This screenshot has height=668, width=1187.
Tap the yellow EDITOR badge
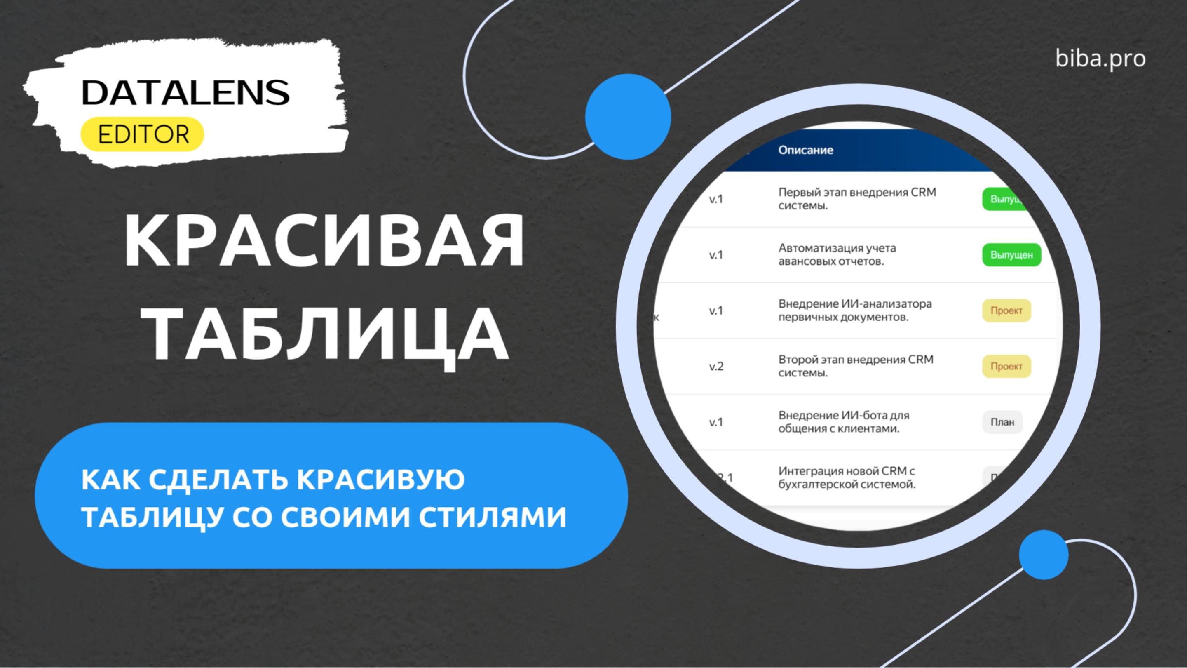pyautogui.click(x=142, y=134)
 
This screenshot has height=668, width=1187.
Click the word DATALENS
pyautogui.click(x=185, y=93)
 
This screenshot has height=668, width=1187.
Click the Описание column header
pyautogui.click(x=805, y=150)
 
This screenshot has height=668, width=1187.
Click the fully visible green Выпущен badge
pyautogui.click(x=1011, y=255)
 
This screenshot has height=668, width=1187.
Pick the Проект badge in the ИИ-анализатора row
pyautogui.click(x=1006, y=311)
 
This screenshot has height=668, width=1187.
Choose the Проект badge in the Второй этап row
pyautogui.click(x=1006, y=367)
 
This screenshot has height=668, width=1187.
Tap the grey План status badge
pyautogui.click(x=1002, y=422)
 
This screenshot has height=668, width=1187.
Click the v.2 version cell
pyautogui.click(x=716, y=367)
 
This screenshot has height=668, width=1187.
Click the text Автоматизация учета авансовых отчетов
pyautogui.click(x=837, y=254)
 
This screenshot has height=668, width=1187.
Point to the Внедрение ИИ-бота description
pyautogui.click(x=843, y=422)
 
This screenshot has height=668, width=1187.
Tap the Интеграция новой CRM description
pyautogui.click(x=847, y=477)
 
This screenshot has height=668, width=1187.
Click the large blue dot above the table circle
pyautogui.click(x=628, y=117)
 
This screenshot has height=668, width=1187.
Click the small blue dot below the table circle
pyautogui.click(x=1043, y=555)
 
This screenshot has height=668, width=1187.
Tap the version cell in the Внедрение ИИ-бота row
pyautogui.click(x=716, y=422)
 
